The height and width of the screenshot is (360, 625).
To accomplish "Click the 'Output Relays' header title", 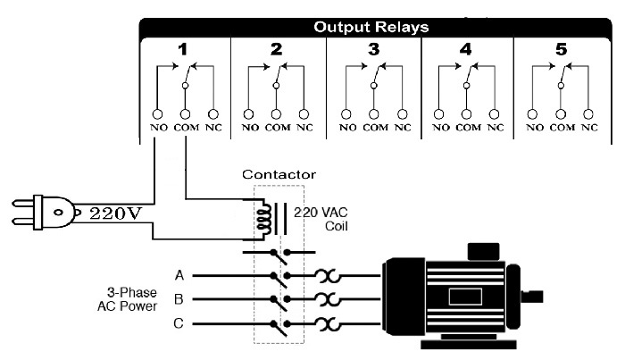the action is point(371,27).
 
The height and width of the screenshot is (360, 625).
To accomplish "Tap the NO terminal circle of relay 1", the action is point(158,114).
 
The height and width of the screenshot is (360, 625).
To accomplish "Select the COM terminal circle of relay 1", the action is point(186,114).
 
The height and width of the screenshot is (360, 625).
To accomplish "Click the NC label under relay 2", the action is point(305,128).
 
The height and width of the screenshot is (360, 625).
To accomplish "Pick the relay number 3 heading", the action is point(373,49).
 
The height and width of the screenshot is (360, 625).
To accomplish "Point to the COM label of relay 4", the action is point(469,128).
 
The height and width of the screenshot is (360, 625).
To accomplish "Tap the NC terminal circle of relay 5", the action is point(588,114).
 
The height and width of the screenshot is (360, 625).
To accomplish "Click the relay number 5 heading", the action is point(562,49).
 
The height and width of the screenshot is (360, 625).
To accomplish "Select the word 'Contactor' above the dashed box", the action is point(279,174).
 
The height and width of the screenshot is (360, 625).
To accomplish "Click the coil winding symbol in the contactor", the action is point(264,219).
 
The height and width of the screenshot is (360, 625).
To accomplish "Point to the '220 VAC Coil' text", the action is point(321,219).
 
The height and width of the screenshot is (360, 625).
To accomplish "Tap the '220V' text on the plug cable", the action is point(115,213).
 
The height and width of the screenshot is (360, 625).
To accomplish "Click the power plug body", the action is point(54,212).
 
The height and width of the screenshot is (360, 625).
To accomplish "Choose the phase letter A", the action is point(179,275).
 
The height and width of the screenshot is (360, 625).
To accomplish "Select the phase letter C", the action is point(179,322).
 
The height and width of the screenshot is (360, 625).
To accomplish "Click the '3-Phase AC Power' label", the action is point(128,299).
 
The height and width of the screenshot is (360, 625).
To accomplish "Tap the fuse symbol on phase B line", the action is point(328,299).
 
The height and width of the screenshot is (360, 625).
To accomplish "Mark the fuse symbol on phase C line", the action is point(328,323).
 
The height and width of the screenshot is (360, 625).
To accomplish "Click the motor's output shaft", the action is point(532,297).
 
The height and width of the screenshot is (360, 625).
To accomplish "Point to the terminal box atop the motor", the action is point(483,252).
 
